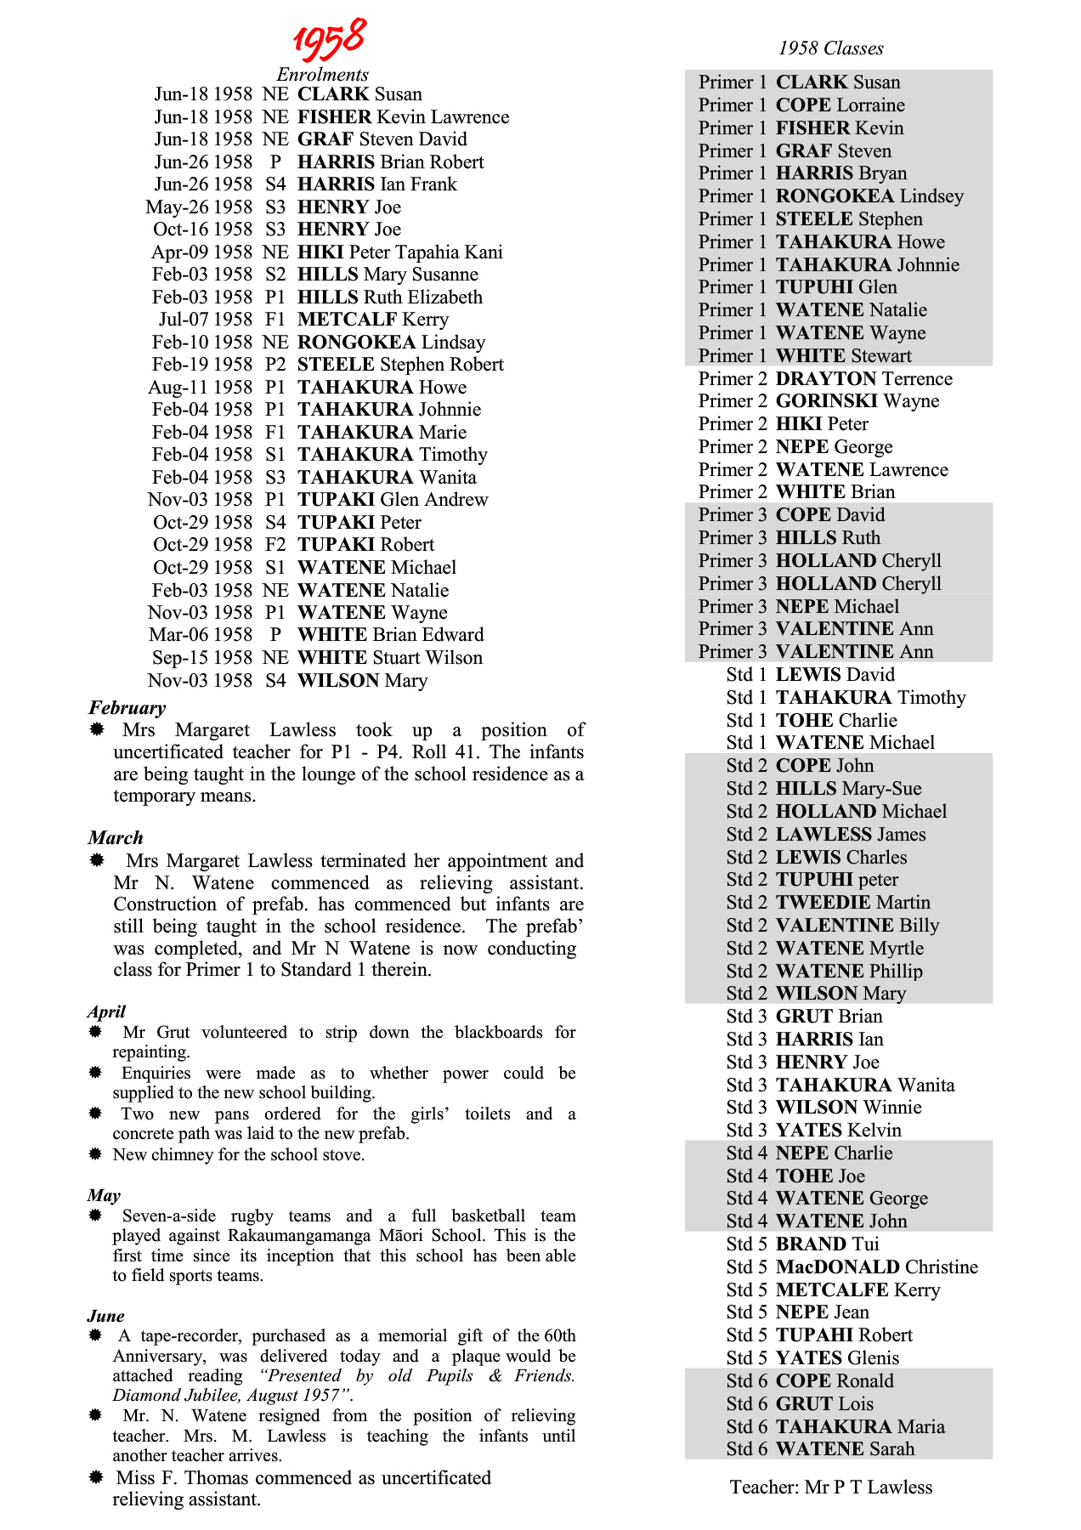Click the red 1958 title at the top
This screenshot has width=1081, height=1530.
[x=330, y=38]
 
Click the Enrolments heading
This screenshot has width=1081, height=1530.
[x=322, y=74]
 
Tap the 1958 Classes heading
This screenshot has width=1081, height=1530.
[x=830, y=48]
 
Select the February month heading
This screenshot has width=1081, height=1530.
[x=127, y=707]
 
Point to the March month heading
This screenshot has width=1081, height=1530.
[x=116, y=837]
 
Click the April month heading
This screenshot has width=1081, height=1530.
[x=106, y=1011]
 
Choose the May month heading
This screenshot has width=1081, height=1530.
[x=104, y=1195]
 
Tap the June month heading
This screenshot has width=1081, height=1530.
[x=105, y=1316]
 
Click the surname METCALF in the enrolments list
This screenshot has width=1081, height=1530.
[x=347, y=320]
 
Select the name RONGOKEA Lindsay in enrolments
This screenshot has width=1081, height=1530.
[x=391, y=343]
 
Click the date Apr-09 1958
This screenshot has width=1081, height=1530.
[x=201, y=252]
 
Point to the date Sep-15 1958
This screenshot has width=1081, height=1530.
[x=201, y=658]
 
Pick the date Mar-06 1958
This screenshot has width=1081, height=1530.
[x=201, y=635]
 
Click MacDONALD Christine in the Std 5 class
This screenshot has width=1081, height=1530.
[x=876, y=1267]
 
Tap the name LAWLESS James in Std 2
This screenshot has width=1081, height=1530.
[x=850, y=835]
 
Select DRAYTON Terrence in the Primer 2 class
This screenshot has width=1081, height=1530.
[x=863, y=379]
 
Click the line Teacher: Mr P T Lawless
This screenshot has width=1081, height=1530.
[x=830, y=1487]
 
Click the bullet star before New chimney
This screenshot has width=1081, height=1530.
[x=96, y=1154]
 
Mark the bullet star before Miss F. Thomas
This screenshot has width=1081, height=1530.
[x=96, y=1478]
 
